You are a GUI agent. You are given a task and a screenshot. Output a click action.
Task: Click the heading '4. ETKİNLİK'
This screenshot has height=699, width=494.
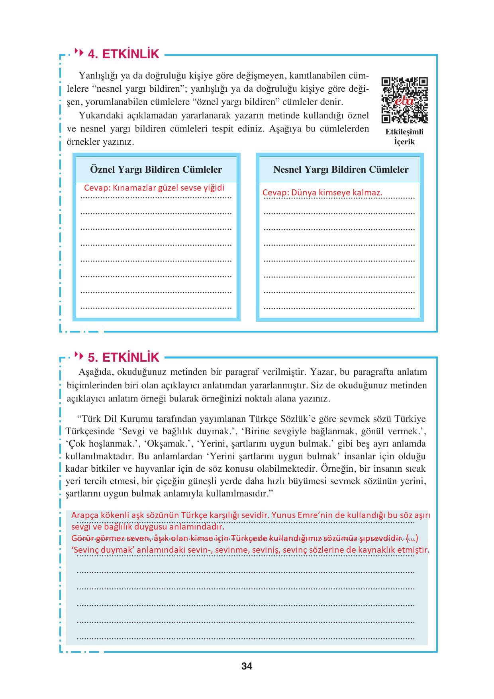123,54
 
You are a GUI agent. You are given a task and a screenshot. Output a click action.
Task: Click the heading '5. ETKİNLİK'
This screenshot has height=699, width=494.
123,356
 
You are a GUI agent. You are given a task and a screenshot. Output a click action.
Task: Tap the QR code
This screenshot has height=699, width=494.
404,100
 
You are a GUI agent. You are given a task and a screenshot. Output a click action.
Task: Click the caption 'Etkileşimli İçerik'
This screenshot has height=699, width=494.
404,136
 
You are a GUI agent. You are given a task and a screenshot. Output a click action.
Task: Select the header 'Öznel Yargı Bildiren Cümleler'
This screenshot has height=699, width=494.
156,169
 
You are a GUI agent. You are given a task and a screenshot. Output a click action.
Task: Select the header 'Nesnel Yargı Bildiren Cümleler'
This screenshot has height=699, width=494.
341,169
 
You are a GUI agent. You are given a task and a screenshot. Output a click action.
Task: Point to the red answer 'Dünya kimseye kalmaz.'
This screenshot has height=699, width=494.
337,193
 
